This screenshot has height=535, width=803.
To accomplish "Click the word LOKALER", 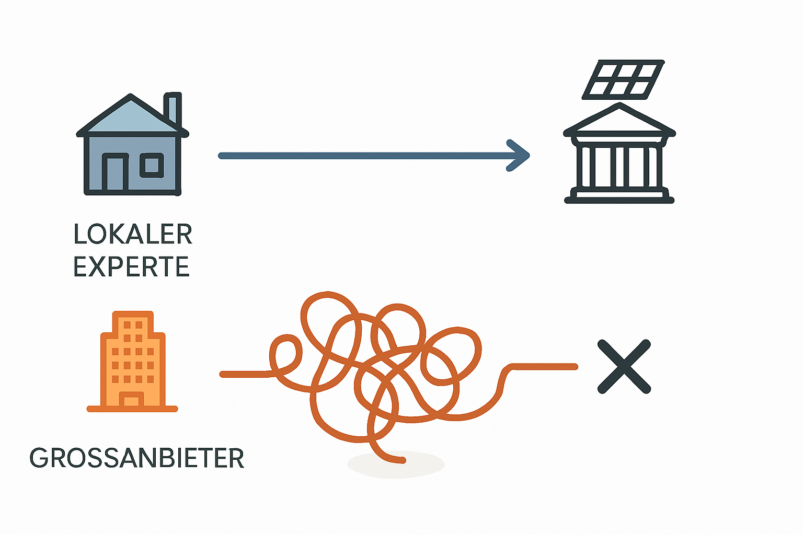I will pos(133,234).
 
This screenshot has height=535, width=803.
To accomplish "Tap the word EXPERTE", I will pos(131,267).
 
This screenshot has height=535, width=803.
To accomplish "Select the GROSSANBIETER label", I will pos(137,458).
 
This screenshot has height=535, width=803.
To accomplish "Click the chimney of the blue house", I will pos(173,107).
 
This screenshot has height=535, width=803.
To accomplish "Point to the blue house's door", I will pos(116,173).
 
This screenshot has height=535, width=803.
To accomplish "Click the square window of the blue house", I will pos(152,165).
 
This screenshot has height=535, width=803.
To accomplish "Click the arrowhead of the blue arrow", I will pos(520,155).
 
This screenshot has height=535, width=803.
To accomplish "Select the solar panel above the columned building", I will pos(623,79).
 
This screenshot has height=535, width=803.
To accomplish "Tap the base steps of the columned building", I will pos(619,197).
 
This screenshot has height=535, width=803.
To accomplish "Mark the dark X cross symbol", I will pos(624,366).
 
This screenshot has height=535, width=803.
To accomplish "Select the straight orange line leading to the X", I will pos(544,366).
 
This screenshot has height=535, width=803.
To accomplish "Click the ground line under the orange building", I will pos(132,409).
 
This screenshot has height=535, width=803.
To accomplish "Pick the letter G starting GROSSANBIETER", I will pos(39,458).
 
